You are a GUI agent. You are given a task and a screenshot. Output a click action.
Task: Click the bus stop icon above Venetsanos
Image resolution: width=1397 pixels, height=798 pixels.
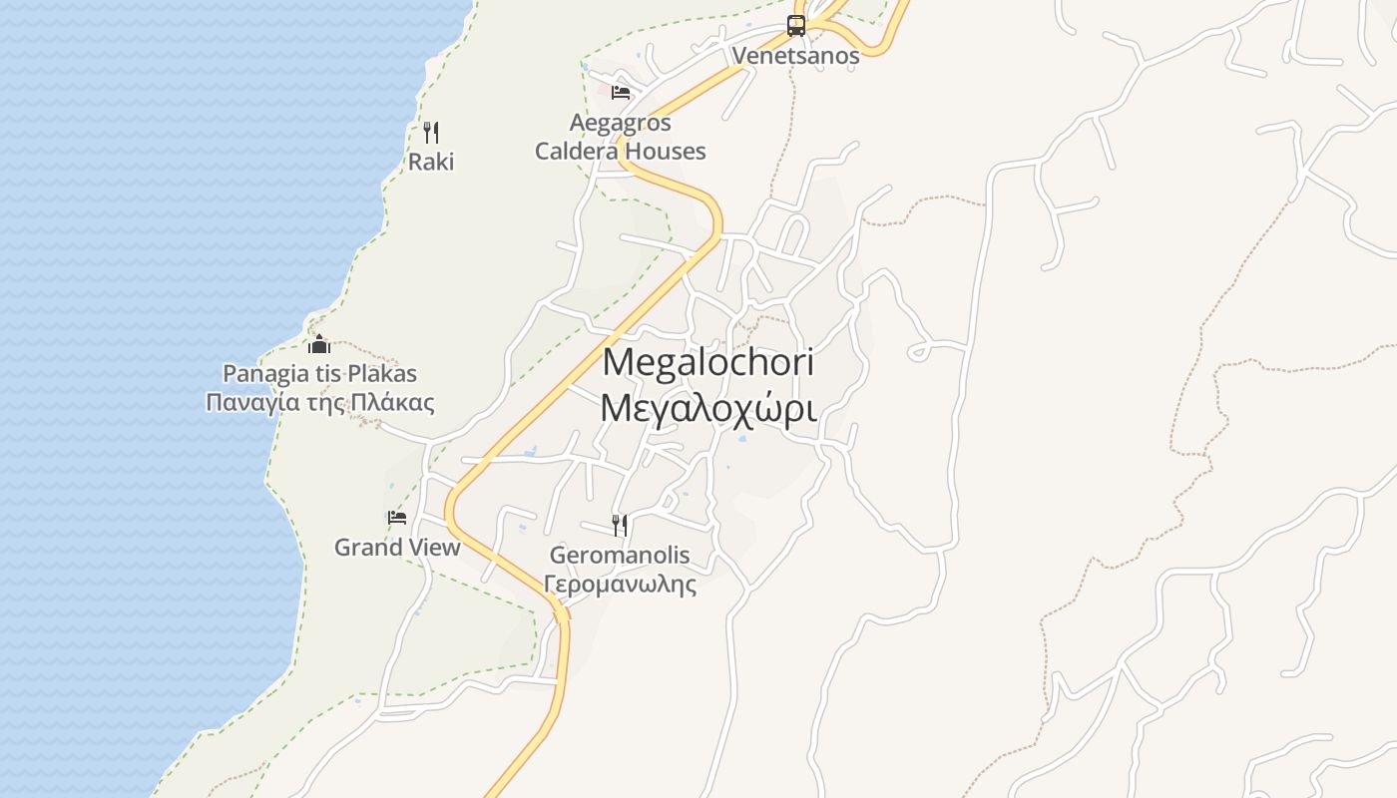click(x=795, y=25)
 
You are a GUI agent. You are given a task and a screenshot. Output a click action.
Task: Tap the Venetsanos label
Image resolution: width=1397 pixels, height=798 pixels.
click(x=795, y=56)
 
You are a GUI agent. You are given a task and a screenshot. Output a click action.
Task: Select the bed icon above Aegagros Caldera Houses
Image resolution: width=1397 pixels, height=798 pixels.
click(x=620, y=93)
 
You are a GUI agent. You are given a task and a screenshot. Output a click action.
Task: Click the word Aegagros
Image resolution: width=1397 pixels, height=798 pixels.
click(x=620, y=124)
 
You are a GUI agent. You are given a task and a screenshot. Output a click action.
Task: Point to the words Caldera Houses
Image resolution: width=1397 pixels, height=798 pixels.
click(x=620, y=152)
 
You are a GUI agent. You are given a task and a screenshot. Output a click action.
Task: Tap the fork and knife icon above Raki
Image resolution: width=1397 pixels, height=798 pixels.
click(x=431, y=132)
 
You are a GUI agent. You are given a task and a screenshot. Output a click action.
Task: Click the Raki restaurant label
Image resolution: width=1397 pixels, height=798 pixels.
click(x=431, y=162)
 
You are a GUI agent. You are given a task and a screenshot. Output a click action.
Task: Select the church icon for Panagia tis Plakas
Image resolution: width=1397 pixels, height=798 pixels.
click(x=319, y=345)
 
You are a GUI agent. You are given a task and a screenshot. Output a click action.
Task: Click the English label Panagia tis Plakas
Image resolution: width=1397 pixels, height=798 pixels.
click(x=319, y=374)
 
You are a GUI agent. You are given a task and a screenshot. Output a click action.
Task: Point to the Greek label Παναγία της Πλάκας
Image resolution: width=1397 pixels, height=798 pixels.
click(x=319, y=403)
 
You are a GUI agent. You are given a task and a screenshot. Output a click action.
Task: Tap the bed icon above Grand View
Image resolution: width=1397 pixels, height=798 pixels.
click(x=397, y=518)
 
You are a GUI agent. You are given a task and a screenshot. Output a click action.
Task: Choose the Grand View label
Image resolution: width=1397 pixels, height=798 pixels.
click(x=397, y=548)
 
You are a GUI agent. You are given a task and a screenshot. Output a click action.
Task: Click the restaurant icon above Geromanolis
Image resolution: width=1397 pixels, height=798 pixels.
click(x=620, y=525)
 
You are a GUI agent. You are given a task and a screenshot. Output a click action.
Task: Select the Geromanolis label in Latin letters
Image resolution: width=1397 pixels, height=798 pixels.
click(x=620, y=556)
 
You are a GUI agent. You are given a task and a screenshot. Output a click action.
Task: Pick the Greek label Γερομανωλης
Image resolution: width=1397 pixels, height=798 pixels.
click(x=620, y=585)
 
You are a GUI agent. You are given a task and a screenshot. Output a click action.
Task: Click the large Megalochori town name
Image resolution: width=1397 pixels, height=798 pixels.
click(x=707, y=362)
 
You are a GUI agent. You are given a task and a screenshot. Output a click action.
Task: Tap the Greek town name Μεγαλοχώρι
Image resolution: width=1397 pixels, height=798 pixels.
click(x=707, y=408)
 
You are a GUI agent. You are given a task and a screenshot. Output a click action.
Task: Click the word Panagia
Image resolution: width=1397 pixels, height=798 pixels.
click(x=260, y=374)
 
